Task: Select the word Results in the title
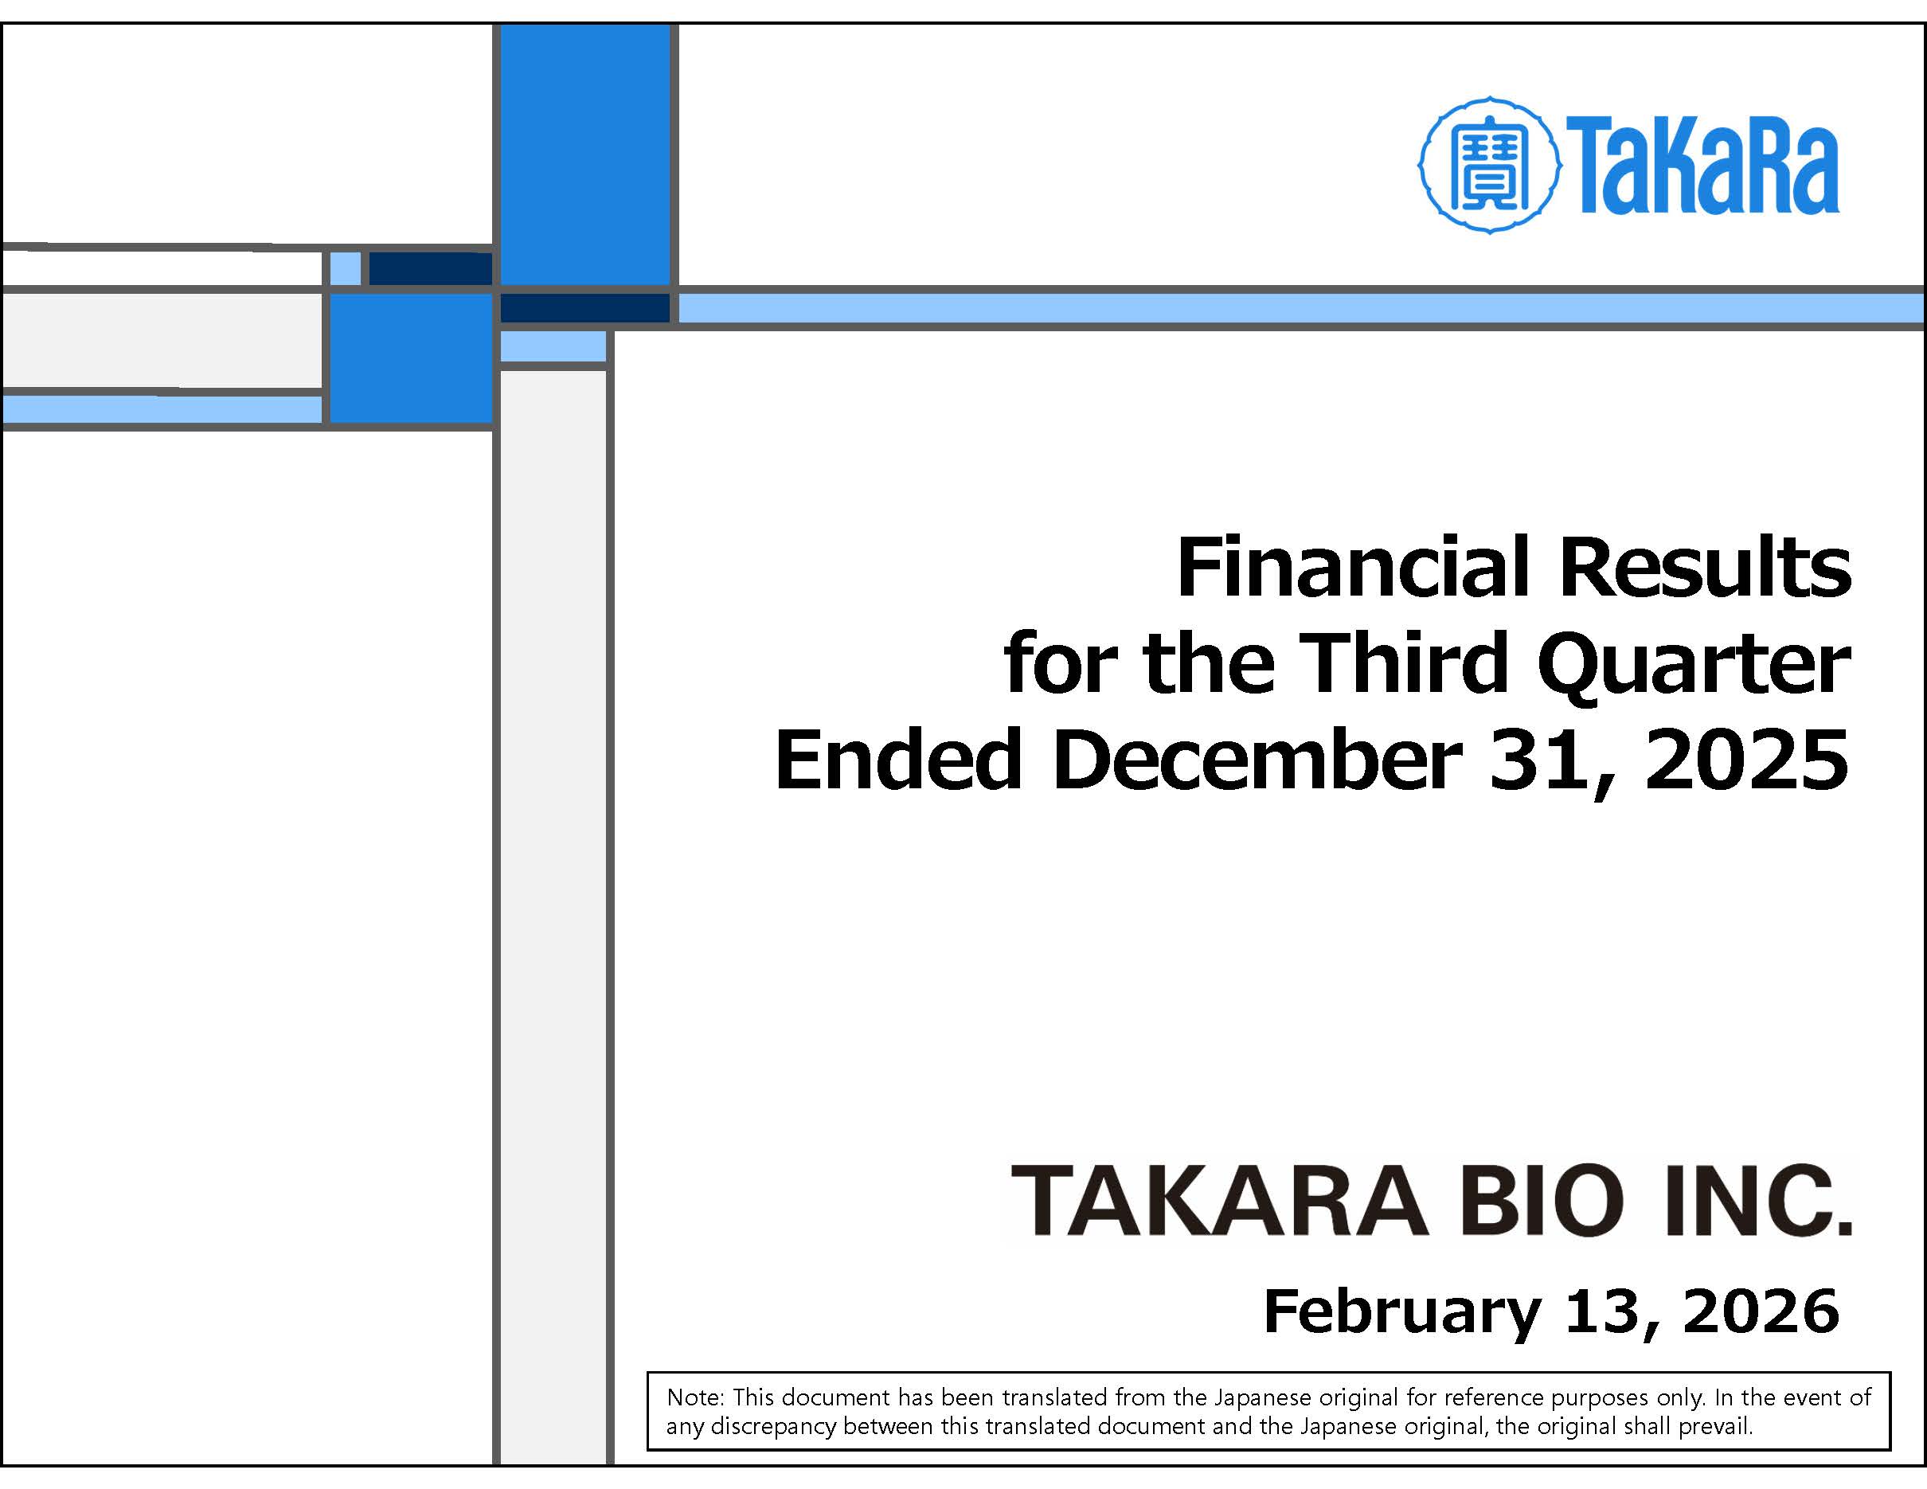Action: tap(1705, 568)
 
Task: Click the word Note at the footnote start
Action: tap(694, 1397)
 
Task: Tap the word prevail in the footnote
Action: tap(1714, 1426)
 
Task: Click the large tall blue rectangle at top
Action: tap(585, 155)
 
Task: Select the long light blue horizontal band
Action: tap(1300, 309)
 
